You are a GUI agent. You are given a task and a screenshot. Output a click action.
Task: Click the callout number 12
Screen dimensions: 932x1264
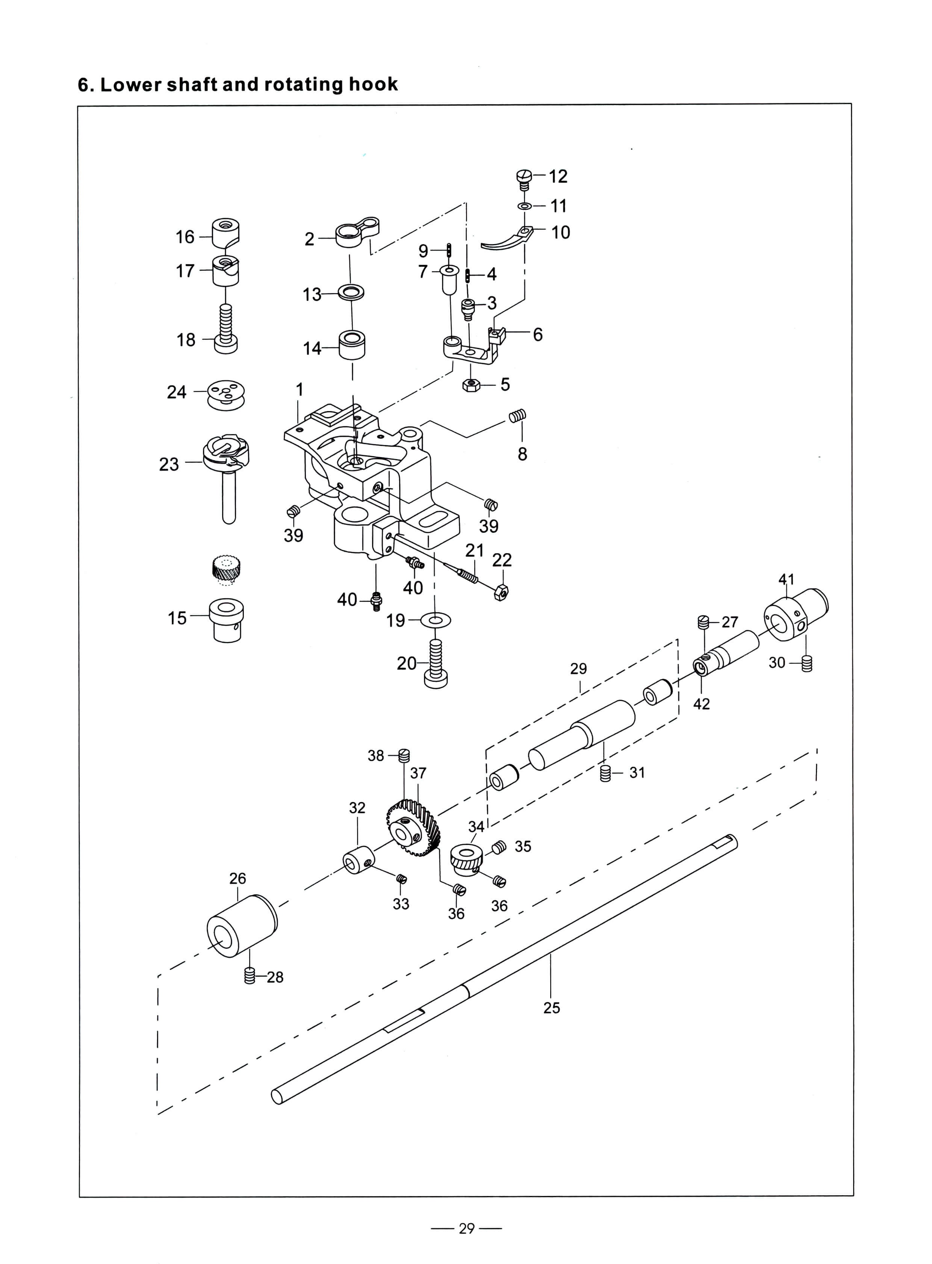point(558,176)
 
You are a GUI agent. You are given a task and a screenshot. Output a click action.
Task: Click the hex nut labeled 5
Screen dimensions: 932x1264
point(471,385)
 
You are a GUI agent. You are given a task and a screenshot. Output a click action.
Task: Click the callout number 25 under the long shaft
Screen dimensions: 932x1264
point(552,1008)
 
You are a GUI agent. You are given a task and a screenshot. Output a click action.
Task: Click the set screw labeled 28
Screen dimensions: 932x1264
point(250,975)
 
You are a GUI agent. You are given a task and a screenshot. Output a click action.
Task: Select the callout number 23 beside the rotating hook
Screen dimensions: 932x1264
point(169,464)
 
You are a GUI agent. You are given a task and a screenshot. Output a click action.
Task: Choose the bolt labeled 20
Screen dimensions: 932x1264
point(436,663)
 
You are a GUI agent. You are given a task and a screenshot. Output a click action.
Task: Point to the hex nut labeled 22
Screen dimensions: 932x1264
point(501,593)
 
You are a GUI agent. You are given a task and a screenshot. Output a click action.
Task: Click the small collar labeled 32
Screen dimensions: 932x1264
point(359,860)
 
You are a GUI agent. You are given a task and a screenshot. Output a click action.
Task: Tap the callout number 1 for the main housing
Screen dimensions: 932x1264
point(300,389)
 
